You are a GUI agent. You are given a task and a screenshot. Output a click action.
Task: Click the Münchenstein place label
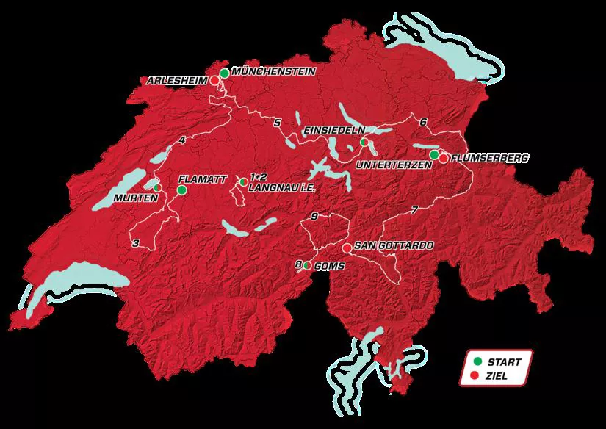[x=273, y=71]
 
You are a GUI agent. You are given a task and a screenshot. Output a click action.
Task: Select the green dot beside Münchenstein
[x=224, y=73]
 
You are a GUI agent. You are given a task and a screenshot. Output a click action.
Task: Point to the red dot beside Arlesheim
[x=214, y=81]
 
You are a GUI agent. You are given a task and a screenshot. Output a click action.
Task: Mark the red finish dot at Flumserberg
[x=444, y=158]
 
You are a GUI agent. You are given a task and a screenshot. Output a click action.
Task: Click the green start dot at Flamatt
[x=181, y=190]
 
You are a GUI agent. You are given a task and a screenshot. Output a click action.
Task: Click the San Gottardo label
[x=390, y=245]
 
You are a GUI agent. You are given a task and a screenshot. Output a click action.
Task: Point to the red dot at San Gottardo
[x=347, y=248]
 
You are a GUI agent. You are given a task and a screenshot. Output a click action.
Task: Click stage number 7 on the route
[x=414, y=211]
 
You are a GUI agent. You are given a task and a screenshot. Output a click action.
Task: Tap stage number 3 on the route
[x=136, y=243]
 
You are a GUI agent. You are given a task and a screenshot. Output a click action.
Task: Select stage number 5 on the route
[x=277, y=123]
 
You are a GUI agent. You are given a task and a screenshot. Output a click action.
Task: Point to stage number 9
[x=314, y=216]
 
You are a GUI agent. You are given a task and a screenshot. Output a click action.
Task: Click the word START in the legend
[x=504, y=361]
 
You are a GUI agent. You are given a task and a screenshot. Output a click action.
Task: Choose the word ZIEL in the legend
[x=497, y=376]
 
